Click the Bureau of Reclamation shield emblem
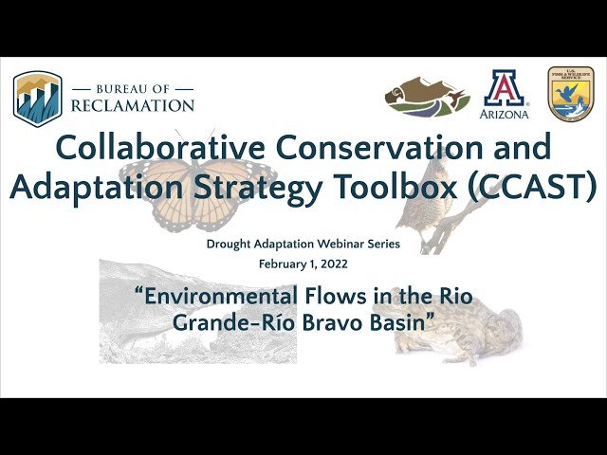click(x=38, y=98)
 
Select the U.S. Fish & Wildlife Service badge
click(x=571, y=94)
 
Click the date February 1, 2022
click(x=303, y=263)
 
